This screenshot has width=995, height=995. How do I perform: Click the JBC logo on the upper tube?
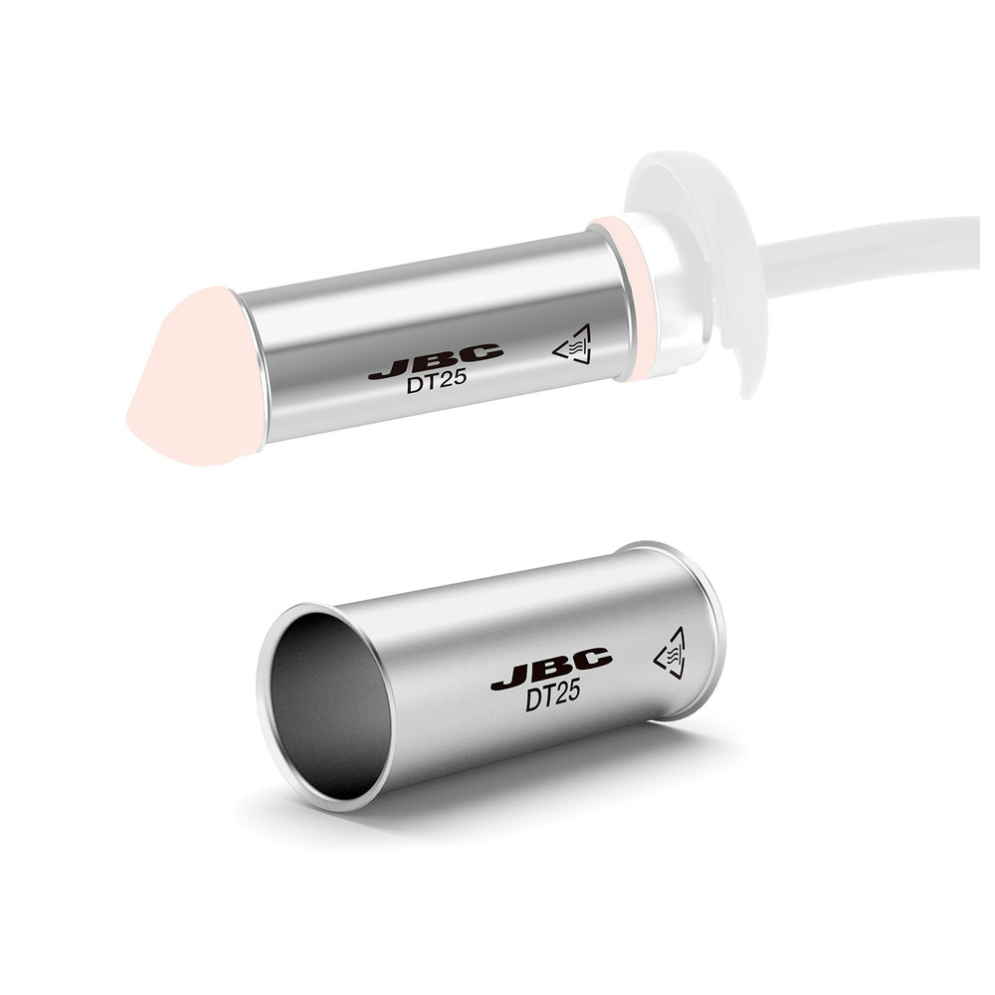pos(436,362)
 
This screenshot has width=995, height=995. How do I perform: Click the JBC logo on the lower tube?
pos(551,669)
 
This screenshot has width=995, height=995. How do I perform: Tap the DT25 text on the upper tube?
pos(437,381)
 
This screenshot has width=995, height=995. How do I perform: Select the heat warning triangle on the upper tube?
pos(574,346)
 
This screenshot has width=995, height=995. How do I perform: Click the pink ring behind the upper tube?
pos(625,298)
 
